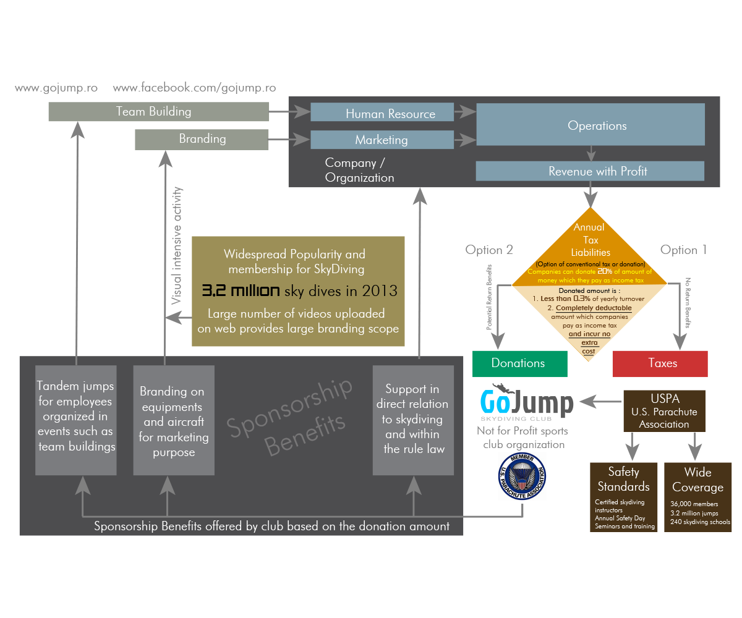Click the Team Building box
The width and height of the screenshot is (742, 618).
point(159,112)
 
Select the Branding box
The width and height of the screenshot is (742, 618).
point(202,139)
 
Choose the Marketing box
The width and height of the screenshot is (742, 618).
point(382,140)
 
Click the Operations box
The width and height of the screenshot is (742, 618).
point(590,125)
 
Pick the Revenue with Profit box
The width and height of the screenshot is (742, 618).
point(590,171)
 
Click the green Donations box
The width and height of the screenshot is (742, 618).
point(519,363)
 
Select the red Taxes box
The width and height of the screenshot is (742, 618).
point(660,363)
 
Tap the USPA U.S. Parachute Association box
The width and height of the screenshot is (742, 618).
point(664,411)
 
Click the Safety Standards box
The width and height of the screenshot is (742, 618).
point(623,497)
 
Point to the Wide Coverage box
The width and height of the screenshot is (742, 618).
point(697,497)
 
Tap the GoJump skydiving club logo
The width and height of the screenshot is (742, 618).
point(527,404)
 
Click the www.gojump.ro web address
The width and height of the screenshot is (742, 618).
point(56,88)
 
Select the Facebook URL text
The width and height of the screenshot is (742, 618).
point(194,88)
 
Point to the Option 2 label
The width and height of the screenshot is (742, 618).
point(489,250)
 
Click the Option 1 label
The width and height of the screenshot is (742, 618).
point(683,250)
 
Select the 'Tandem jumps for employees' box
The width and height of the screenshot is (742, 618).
point(76,420)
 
